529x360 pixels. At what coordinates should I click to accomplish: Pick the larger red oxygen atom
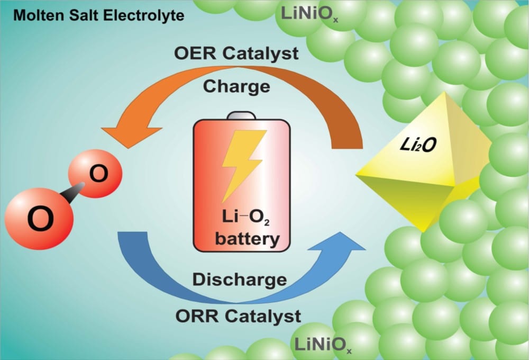pos(39,217)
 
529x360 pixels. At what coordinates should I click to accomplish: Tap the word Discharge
pos(240,279)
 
